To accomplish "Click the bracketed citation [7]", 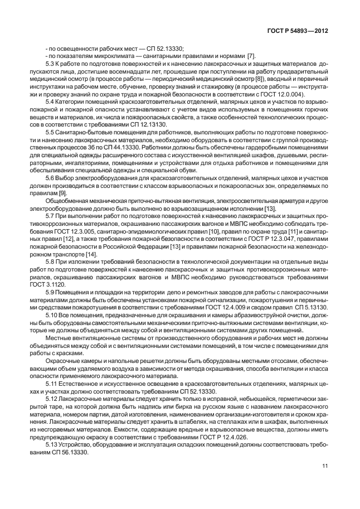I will [251, 56].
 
